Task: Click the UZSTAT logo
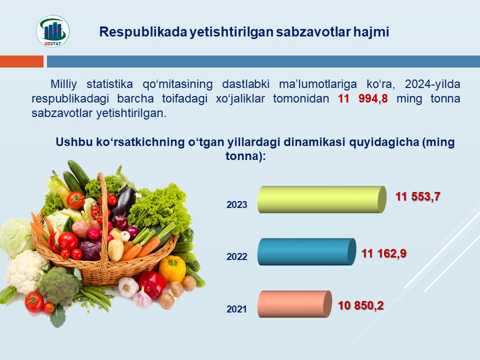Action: coord(52,31)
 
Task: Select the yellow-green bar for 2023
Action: coord(321,199)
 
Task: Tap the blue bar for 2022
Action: coord(306,251)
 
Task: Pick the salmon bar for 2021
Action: coord(294,304)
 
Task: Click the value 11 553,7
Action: coord(418,196)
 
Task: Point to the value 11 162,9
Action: coord(384,253)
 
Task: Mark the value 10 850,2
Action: coord(360,305)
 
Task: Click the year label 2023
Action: coord(236,204)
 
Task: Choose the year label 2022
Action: coord(236,256)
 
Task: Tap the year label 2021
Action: coord(236,309)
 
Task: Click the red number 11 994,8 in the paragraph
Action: coord(363,98)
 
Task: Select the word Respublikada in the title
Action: coord(143,32)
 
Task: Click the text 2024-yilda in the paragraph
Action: coord(432,84)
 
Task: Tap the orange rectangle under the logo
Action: coord(21,61)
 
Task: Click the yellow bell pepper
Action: coord(172,268)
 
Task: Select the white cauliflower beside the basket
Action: coord(26,271)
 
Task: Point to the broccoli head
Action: coord(59,286)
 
